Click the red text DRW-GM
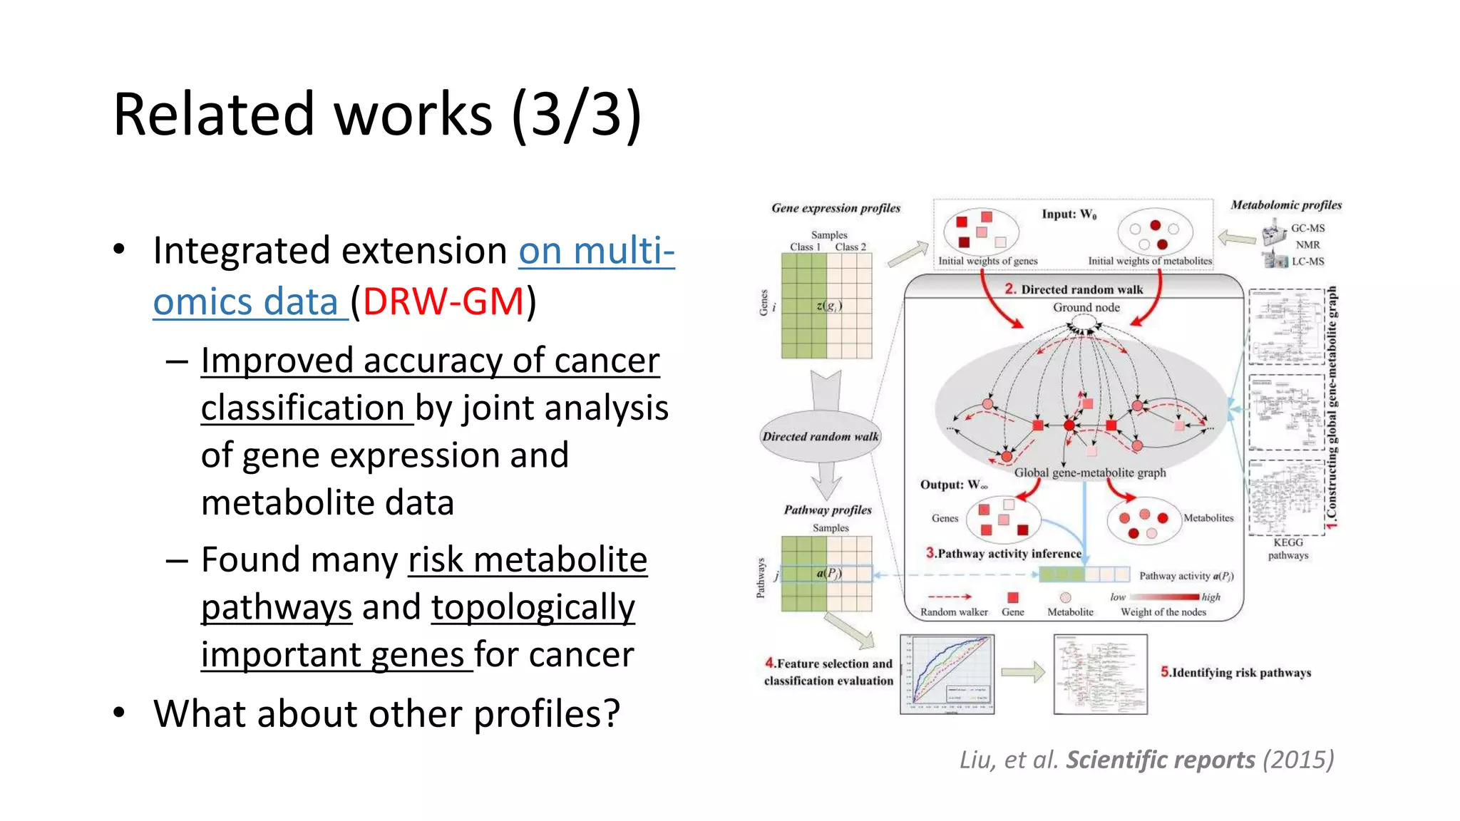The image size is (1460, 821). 443,301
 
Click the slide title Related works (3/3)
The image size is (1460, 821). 377,115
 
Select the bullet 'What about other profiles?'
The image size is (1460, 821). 386,713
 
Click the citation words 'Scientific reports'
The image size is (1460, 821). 1160,760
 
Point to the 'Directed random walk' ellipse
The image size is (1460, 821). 821,436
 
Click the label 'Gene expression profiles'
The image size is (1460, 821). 836,208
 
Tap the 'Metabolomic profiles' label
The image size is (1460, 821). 1286,205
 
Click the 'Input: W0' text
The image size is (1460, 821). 1069,215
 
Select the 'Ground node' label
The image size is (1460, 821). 1086,307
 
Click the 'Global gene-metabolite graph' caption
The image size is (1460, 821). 1090,473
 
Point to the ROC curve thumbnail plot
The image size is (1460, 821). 947,674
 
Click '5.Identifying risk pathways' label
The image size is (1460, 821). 1235,672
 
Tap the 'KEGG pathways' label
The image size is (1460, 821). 1287,549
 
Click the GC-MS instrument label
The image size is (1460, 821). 1307,228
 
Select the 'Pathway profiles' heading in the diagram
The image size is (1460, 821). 828,510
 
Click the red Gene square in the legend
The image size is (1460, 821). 1012,597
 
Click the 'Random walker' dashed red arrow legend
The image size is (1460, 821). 950,597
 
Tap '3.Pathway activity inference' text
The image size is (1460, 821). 1004,553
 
